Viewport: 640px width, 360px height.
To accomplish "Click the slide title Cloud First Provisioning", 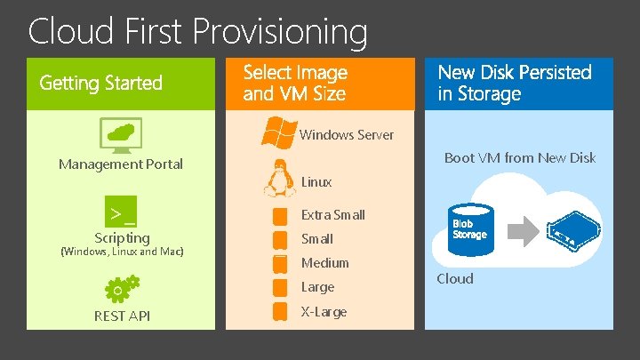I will tap(197, 32).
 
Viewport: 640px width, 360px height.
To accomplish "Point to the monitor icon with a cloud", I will tap(121, 135).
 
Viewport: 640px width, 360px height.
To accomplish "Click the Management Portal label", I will tap(121, 164).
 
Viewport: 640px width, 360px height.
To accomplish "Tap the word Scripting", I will tap(122, 237).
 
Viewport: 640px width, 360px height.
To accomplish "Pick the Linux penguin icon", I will tap(280, 178).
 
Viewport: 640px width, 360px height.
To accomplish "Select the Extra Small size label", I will tap(332, 214).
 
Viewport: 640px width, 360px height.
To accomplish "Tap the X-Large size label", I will tap(324, 312).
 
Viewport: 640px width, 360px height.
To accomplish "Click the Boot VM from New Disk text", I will tap(519, 158).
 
